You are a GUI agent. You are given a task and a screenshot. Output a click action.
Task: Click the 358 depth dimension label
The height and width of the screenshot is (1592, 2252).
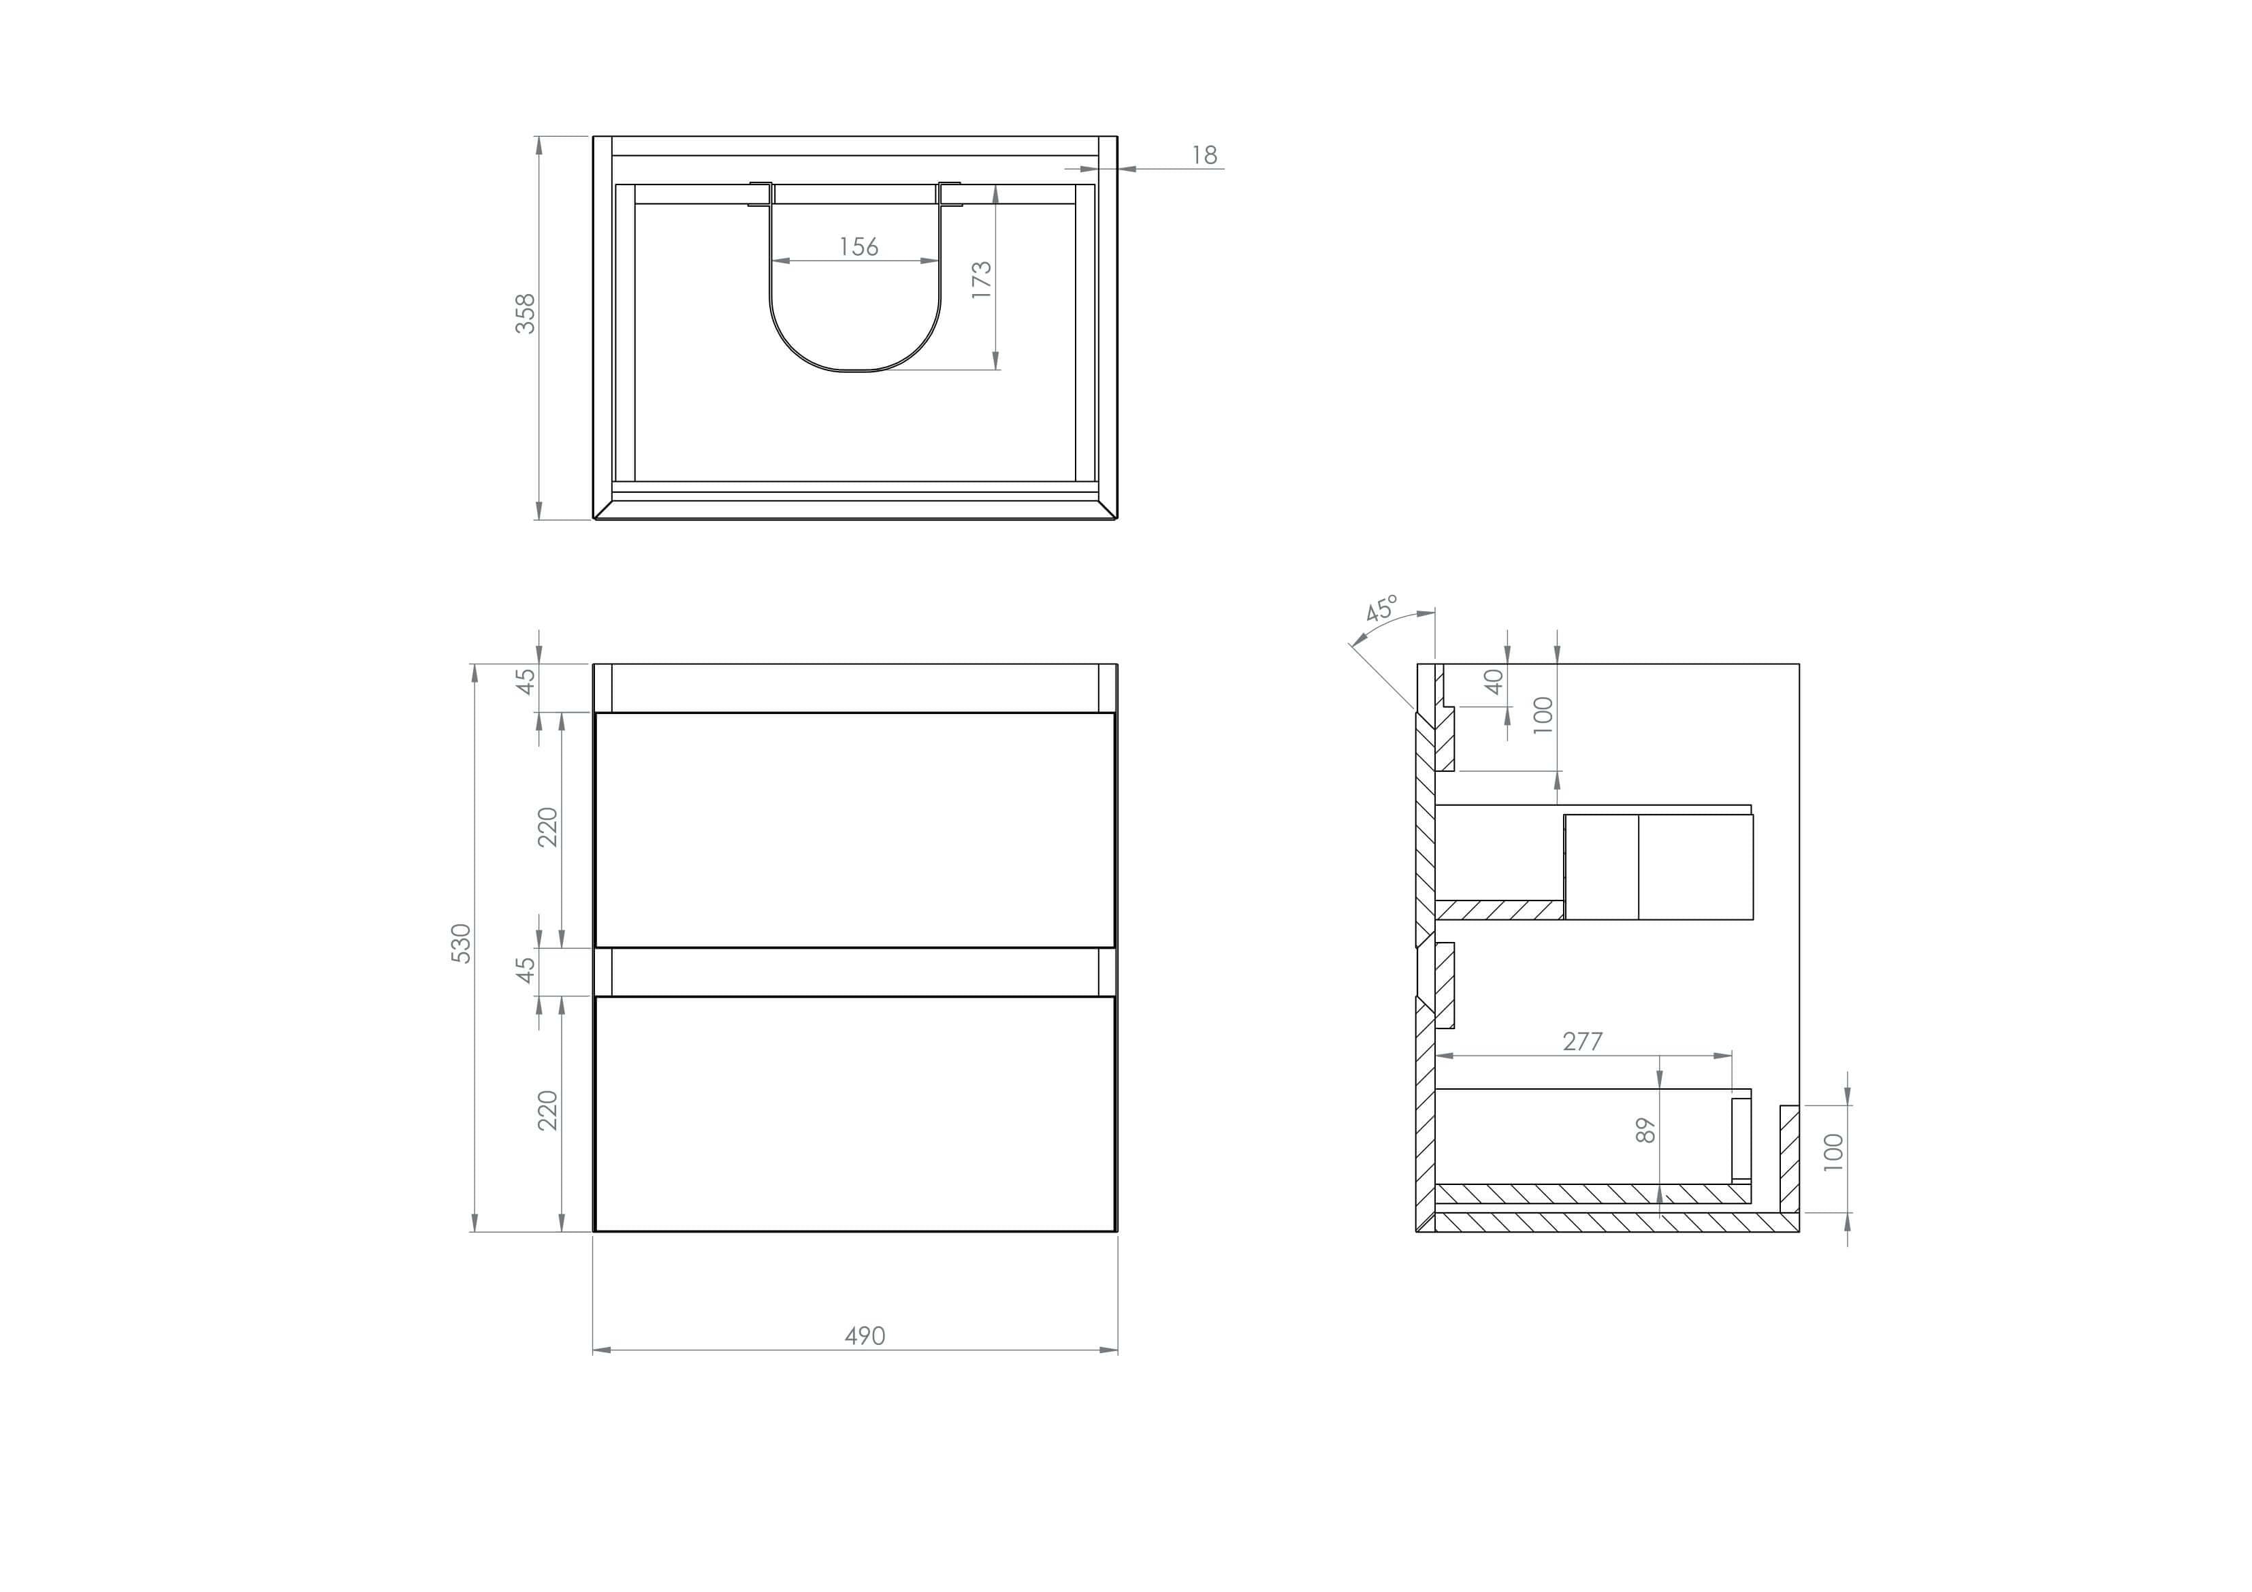526,313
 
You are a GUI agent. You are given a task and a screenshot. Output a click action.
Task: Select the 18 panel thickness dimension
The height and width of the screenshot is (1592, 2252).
1204,155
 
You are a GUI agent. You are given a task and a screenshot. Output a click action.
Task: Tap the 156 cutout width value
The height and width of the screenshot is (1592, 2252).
858,247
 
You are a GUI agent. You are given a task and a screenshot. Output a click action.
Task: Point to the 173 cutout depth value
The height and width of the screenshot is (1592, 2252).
981,280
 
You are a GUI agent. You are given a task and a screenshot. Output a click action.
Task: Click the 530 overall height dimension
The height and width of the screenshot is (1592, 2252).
461,943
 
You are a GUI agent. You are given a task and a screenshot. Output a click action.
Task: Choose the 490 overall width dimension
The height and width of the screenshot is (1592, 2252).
864,1336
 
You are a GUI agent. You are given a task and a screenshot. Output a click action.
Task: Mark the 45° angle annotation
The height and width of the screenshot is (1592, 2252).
1381,608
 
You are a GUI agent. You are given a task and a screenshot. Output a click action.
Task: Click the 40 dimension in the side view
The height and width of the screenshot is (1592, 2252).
1494,681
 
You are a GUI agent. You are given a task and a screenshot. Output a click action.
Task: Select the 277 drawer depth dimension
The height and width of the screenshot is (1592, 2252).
1582,1042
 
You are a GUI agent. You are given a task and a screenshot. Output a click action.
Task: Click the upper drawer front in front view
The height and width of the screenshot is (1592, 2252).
854,830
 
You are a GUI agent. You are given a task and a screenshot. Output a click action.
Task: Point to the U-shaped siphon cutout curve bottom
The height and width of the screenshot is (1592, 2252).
854,371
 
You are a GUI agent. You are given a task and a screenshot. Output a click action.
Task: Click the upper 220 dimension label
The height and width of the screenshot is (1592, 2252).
547,827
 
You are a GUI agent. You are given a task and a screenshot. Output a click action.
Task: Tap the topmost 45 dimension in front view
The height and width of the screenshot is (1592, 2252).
527,680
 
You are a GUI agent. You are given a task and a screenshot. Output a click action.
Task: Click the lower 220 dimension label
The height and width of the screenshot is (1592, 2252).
547,1109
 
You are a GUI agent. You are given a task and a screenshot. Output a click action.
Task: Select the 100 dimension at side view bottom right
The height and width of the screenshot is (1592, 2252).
1832,1152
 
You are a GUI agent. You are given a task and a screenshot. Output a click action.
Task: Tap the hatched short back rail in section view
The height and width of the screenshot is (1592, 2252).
1788,1158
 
